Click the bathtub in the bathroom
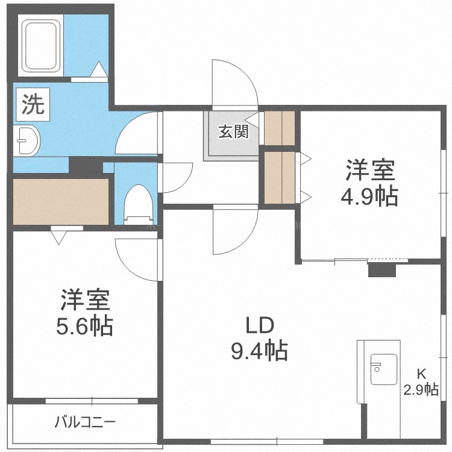40,45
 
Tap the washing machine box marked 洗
33,104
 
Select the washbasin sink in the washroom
27,140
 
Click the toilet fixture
138,205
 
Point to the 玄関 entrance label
234,132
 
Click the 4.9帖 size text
369,196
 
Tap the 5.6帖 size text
84,326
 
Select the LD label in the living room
259,325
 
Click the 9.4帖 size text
259,351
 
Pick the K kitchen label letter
421,374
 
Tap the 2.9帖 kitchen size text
421,390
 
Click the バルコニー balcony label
86,422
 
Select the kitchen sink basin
384,369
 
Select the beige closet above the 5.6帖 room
61,202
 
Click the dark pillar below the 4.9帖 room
382,270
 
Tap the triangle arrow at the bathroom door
99,69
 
